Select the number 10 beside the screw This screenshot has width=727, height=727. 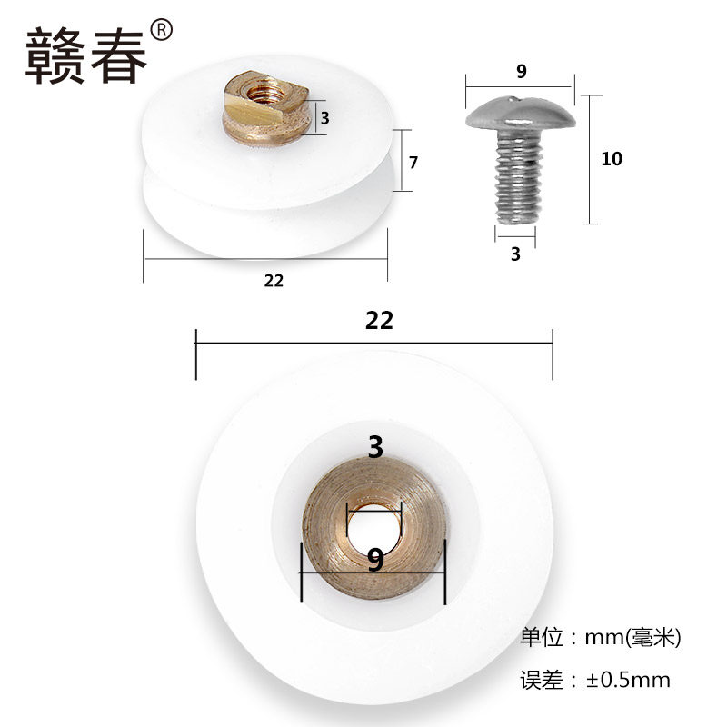(611, 159)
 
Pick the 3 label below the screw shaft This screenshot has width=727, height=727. (515, 254)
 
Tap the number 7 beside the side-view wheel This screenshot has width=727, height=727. (413, 163)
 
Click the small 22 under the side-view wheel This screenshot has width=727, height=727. (274, 281)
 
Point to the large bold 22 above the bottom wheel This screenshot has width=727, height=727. (379, 320)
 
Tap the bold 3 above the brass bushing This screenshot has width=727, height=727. (375, 447)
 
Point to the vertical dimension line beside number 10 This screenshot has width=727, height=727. (592, 159)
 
